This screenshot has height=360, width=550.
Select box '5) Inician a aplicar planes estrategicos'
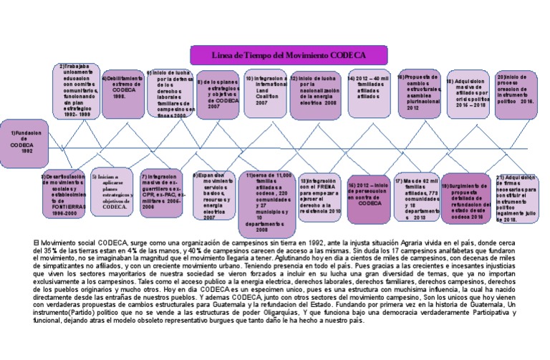[x=110, y=192]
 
